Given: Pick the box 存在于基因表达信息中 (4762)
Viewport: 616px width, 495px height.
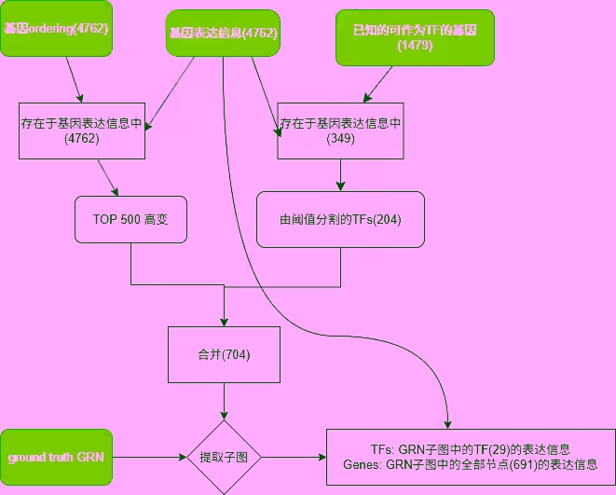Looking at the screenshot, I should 82,131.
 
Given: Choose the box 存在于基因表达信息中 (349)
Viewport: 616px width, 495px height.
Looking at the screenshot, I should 340,131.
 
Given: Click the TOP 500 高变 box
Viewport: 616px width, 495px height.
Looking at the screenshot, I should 130,220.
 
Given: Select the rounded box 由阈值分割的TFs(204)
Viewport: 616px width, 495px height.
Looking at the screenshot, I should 340,220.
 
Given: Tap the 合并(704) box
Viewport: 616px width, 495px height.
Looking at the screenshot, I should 224,354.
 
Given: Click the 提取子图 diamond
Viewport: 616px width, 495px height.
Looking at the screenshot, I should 224,457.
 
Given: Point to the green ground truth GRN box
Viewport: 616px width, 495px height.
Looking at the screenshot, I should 56,457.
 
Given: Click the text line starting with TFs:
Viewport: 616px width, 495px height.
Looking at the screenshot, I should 470,449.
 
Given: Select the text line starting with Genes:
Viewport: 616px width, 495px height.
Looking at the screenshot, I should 470,464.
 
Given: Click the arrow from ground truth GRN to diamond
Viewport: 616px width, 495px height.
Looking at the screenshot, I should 149,457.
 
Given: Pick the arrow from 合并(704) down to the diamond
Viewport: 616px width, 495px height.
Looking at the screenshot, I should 224,401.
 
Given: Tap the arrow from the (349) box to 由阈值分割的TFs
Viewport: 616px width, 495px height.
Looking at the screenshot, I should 340,175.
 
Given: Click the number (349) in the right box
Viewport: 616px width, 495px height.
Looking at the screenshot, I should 340,139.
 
